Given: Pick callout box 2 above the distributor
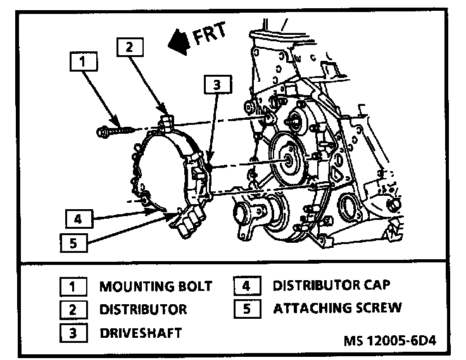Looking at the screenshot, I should (x=129, y=48).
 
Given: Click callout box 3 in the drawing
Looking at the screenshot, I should (x=217, y=85).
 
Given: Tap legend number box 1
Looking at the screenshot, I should (x=73, y=286).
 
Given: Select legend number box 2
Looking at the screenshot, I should (x=73, y=309).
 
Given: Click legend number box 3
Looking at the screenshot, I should (x=73, y=332).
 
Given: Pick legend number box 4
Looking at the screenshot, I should (x=247, y=286).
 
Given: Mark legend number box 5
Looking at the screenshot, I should (x=247, y=309).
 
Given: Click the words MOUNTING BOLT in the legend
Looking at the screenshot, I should (x=155, y=286).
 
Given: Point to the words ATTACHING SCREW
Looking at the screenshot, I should (x=337, y=309).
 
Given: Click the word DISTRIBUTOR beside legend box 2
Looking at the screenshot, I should (x=142, y=309).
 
